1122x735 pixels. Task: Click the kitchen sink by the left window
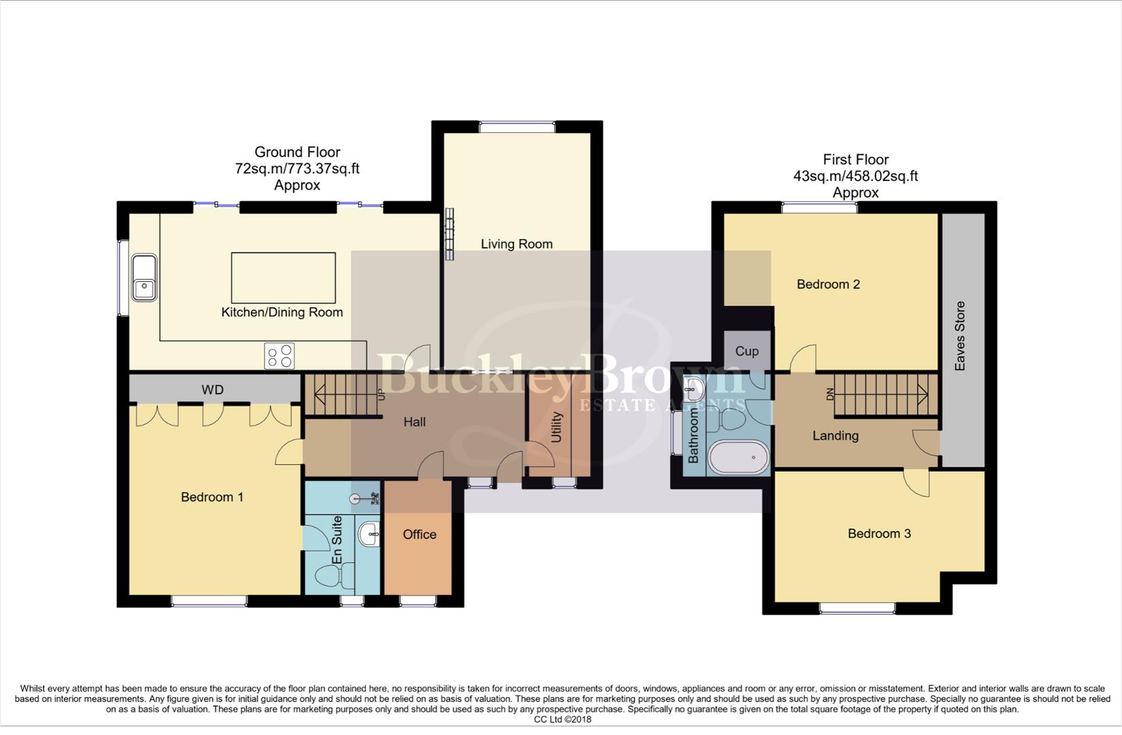144,278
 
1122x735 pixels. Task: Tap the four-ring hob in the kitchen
280,356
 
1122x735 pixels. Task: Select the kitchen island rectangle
283,278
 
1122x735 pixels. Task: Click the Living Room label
516,244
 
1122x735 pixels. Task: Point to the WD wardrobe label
212,390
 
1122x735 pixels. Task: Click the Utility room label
557,427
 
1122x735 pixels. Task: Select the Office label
419,534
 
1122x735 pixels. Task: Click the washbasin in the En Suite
369,534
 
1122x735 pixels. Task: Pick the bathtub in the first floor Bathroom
738,457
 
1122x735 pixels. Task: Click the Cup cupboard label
746,351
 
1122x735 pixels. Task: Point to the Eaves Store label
960,336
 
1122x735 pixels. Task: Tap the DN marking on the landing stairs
829,394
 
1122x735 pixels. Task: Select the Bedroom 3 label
878,534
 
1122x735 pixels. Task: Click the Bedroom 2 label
828,284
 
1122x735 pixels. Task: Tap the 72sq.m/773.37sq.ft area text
297,169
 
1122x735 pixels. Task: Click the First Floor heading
855,160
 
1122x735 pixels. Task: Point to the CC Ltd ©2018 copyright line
562,719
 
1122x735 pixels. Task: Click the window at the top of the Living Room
517,127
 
